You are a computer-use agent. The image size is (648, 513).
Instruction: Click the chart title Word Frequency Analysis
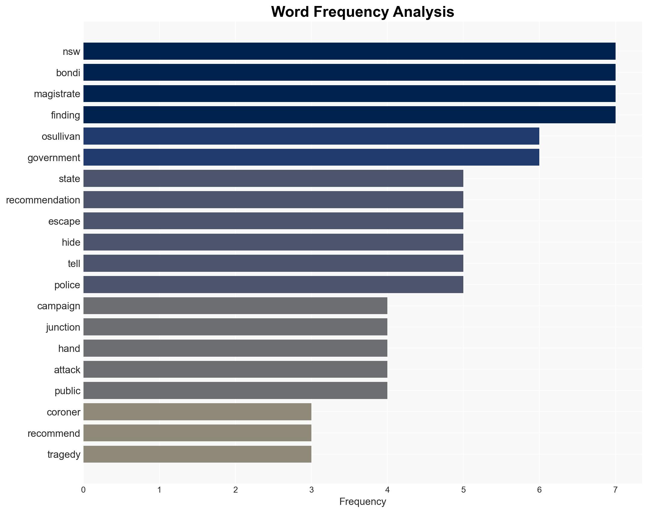(x=362, y=12)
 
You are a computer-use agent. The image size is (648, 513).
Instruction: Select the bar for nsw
(x=349, y=51)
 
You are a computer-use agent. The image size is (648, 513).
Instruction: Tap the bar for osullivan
(x=311, y=136)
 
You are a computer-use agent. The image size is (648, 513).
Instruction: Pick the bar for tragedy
(x=197, y=454)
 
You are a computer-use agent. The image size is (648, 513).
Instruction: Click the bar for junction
(x=235, y=327)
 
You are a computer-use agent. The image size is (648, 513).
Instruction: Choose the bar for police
(x=273, y=284)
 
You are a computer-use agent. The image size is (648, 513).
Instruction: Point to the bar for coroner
(x=197, y=412)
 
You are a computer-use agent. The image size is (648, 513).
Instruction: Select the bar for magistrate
(x=349, y=94)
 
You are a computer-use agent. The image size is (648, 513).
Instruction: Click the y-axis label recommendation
(x=43, y=200)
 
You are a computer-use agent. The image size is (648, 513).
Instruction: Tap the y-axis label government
(x=54, y=157)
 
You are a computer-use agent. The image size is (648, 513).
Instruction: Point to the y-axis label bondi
(x=68, y=73)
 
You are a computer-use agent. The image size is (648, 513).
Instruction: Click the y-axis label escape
(x=64, y=221)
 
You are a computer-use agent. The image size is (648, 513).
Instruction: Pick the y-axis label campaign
(x=59, y=306)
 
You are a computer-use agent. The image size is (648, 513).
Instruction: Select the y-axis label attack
(x=67, y=369)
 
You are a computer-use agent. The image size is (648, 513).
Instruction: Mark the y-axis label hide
(x=71, y=242)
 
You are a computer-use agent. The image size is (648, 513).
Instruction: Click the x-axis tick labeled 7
(x=615, y=490)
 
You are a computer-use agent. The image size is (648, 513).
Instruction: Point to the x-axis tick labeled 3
(x=311, y=490)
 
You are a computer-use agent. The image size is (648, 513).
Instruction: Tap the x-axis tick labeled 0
(x=83, y=490)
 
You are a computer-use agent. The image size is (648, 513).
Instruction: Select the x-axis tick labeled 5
(x=463, y=490)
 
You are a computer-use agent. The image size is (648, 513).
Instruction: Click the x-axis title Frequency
(x=362, y=502)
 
